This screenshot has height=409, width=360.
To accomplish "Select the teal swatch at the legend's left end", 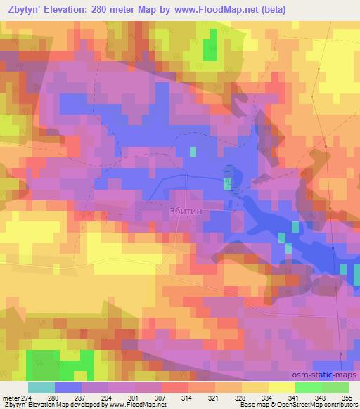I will pyautogui.click(x=41, y=387).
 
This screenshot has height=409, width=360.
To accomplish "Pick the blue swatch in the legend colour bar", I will pyautogui.click(x=67, y=387).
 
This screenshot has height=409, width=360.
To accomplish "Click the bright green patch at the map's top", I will pyautogui.click(x=210, y=49).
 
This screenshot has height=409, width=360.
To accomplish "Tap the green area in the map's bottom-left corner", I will pyautogui.click(x=60, y=363).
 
